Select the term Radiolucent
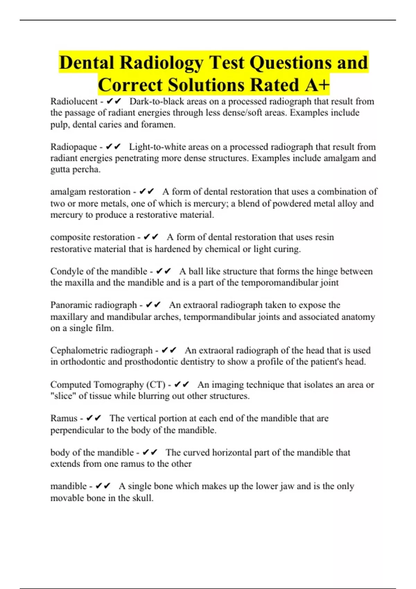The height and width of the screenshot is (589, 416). coord(74,102)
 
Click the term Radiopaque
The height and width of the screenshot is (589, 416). coord(73,147)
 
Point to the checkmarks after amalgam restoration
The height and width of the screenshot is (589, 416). coord(147,192)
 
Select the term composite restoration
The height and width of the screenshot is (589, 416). coord(92,237)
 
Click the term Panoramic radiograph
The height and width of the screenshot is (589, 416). coord(94,305)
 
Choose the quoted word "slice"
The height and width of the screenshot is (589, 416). coord(63,396)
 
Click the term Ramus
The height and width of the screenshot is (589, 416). coord(64,419)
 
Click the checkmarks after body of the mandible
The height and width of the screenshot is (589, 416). coord(150,452)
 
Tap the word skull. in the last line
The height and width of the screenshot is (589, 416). coord(143,498)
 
